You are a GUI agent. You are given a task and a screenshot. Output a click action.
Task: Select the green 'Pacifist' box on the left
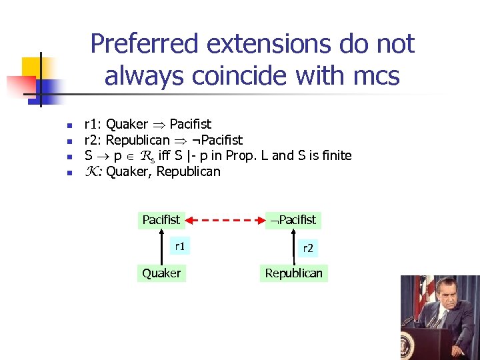click(x=161, y=220)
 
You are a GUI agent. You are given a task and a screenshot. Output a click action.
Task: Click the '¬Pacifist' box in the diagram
click(x=291, y=220)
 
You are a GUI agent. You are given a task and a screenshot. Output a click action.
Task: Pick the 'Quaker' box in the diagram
click(x=161, y=273)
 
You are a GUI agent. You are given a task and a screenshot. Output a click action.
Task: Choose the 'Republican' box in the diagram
click(x=293, y=273)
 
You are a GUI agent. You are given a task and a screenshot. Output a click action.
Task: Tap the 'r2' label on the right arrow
click(x=308, y=248)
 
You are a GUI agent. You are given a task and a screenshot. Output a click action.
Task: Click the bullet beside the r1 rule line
click(x=68, y=125)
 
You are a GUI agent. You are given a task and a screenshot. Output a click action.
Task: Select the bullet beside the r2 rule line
click(x=68, y=141)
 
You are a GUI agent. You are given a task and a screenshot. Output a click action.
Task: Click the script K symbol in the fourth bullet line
click(x=92, y=172)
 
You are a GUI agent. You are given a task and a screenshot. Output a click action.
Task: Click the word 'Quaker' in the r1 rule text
click(x=127, y=124)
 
